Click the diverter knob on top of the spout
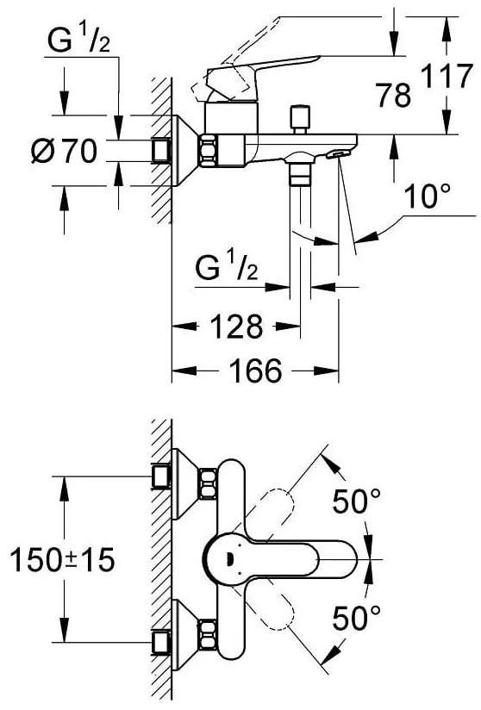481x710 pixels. (x=302, y=116)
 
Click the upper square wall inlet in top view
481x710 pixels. (x=160, y=474)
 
